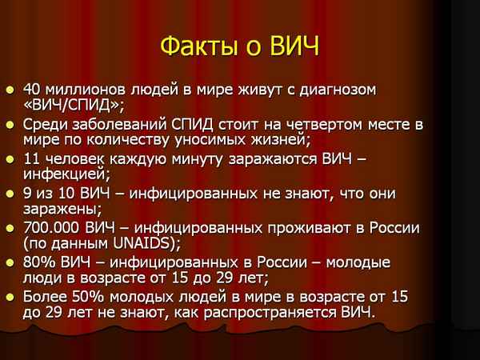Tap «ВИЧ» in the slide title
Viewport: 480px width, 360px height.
[x=292, y=45]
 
